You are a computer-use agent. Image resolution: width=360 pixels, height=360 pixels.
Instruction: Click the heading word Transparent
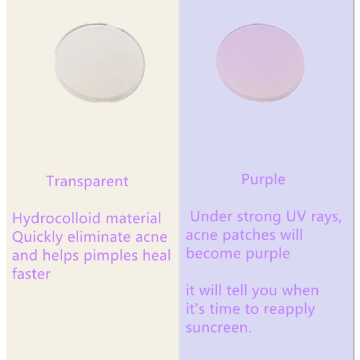pos(87,181)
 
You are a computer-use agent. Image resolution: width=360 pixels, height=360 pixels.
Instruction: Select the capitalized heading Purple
pos(263,180)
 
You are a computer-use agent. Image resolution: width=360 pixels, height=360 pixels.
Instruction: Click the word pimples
pos(112,256)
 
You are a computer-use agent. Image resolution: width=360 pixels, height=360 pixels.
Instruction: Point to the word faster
pos(31,274)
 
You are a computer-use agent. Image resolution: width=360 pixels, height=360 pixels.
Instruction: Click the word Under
pos(210,216)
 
